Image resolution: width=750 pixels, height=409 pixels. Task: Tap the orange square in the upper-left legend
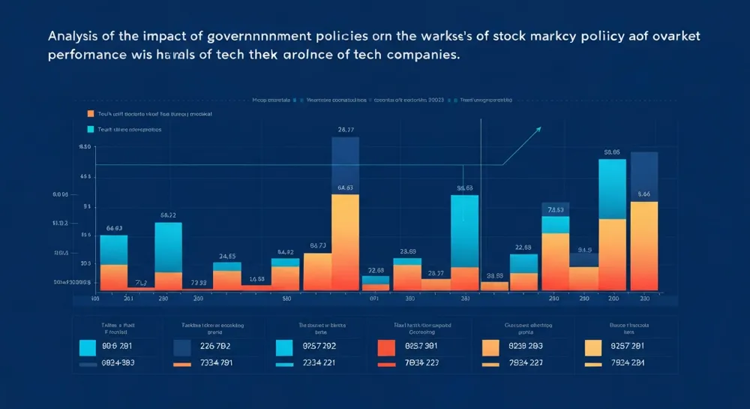[91, 114]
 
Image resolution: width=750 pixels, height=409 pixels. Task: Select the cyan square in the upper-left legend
[91, 129]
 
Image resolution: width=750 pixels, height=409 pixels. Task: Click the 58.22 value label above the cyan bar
[168, 215]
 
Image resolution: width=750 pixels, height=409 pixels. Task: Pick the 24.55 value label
[227, 256]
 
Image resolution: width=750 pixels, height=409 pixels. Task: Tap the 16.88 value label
[256, 278]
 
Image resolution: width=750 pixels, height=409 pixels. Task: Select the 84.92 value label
[285, 252]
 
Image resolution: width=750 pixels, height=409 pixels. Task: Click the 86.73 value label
[317, 245]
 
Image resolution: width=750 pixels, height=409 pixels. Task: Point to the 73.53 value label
[556, 210]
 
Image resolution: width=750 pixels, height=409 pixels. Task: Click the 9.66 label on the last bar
[643, 194]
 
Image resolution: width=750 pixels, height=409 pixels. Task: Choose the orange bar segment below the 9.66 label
[643, 248]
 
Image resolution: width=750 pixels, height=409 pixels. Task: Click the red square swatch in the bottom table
[385, 347]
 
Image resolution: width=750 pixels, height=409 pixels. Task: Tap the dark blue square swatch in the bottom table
[182, 347]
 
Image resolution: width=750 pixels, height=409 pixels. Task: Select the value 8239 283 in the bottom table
[525, 347]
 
